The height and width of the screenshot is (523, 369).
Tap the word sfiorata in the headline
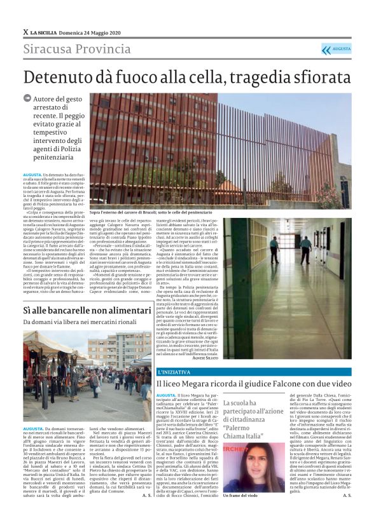tap(312, 78)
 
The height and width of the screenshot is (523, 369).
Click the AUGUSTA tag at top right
tap(341, 49)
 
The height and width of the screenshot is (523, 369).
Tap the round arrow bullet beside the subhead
tap(27, 98)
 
